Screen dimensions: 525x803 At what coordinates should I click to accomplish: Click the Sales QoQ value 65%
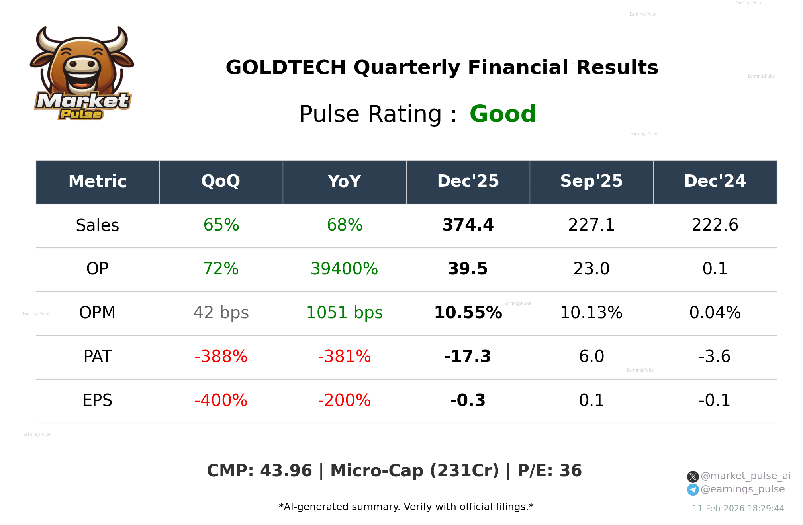click(x=221, y=225)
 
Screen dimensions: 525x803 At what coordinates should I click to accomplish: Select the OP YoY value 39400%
click(x=344, y=269)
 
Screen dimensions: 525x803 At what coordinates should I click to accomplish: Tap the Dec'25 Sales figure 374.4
click(x=468, y=225)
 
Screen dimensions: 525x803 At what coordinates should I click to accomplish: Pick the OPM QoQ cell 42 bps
click(x=221, y=313)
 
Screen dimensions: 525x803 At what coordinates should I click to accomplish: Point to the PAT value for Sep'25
click(x=591, y=357)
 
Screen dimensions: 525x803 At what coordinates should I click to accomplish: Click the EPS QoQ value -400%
click(x=221, y=401)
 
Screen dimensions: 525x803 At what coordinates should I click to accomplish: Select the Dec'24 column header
click(x=715, y=182)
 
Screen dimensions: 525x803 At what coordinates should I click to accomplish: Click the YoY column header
click(x=344, y=182)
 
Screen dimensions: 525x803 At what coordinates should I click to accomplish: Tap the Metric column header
click(x=98, y=182)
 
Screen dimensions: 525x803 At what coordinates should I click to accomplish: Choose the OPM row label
click(x=98, y=313)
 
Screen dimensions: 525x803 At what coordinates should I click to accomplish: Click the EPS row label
click(x=98, y=401)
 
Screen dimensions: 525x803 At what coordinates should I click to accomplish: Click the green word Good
click(x=503, y=114)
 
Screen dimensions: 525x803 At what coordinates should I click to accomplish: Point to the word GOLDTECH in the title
click(x=286, y=68)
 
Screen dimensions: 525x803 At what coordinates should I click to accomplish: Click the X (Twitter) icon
click(x=693, y=476)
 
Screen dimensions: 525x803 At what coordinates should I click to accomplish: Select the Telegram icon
click(x=693, y=490)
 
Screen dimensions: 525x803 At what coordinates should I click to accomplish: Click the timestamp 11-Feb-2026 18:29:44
click(x=738, y=509)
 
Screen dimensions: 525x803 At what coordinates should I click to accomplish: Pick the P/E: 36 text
click(x=549, y=471)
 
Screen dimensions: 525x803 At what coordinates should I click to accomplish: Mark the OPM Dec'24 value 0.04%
click(x=715, y=313)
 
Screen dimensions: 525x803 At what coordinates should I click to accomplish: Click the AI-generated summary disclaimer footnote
click(x=406, y=507)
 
